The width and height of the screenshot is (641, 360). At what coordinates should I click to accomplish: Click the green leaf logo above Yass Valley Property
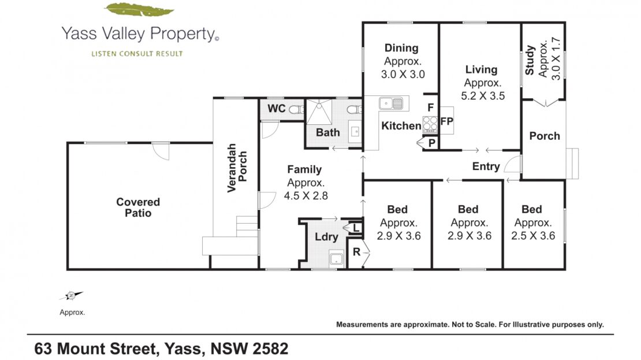[139, 10]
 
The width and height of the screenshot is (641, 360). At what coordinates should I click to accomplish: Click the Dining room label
[401, 48]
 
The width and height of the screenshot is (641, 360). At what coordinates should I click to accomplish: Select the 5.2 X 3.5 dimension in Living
[483, 96]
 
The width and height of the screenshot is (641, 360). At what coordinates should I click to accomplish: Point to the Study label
[530, 61]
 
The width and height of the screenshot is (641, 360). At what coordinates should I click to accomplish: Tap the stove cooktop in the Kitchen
[430, 124]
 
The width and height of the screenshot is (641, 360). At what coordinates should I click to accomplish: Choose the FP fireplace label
[446, 121]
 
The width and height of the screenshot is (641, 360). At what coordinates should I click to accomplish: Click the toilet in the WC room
[296, 109]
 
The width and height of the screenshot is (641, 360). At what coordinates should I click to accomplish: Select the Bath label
[328, 132]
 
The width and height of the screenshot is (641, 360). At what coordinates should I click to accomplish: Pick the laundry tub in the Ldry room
[336, 258]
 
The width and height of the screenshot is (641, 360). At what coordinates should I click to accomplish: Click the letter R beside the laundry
[356, 252]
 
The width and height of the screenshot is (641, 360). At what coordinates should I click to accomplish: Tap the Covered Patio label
[138, 207]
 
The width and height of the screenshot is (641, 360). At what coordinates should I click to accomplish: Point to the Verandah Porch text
[237, 168]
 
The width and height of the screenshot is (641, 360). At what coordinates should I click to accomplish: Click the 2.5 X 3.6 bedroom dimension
[533, 236]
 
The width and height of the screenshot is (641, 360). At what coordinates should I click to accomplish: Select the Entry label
[486, 166]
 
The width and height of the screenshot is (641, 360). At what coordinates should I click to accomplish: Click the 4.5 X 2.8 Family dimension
[306, 195]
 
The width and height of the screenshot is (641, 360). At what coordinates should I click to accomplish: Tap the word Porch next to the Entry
[545, 136]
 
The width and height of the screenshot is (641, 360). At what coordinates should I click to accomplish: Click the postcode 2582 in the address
[270, 348]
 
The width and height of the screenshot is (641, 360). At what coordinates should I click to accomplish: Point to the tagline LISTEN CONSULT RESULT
[137, 54]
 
